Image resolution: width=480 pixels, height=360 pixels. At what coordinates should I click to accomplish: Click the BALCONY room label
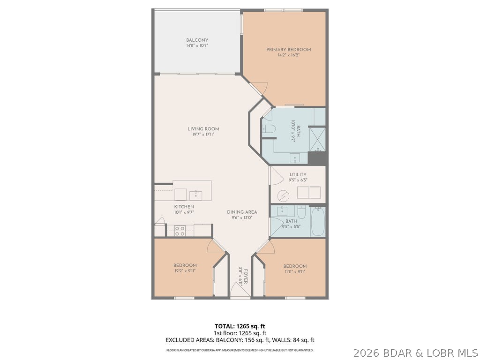pyautogui.click(x=197, y=40)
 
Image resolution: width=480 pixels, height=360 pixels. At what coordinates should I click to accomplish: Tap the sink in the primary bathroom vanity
pyautogui.click(x=294, y=157)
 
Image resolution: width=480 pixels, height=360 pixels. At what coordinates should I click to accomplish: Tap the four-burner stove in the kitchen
pyautogui.click(x=180, y=231)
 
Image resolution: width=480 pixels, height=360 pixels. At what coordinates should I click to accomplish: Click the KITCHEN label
pyautogui.click(x=184, y=207)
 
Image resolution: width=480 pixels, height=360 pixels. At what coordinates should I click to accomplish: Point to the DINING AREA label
pyautogui.click(x=242, y=212)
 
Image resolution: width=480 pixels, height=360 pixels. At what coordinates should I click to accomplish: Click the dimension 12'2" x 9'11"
pyautogui.click(x=185, y=271)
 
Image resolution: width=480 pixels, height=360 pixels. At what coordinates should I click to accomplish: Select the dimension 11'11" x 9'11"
pyautogui.click(x=295, y=271)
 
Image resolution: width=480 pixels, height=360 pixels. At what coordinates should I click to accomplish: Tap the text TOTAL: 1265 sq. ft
pyautogui.click(x=240, y=326)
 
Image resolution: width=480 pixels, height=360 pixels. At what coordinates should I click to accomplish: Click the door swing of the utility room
pyautogui.click(x=276, y=176)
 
